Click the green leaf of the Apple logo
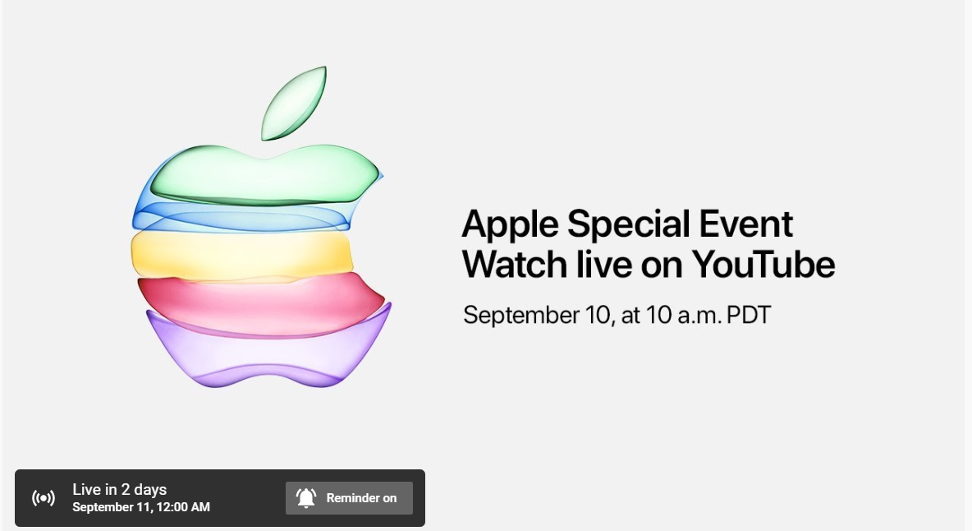point(294,104)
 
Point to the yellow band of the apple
point(241,254)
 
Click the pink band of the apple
point(260,305)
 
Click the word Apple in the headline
point(510,225)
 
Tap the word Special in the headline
point(629,224)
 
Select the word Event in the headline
point(745,224)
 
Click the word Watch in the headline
point(515,264)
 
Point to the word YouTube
point(763,264)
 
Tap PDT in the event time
point(748,315)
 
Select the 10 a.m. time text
point(684,315)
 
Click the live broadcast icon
point(44,498)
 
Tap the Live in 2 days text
point(120,490)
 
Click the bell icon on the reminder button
point(306,497)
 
